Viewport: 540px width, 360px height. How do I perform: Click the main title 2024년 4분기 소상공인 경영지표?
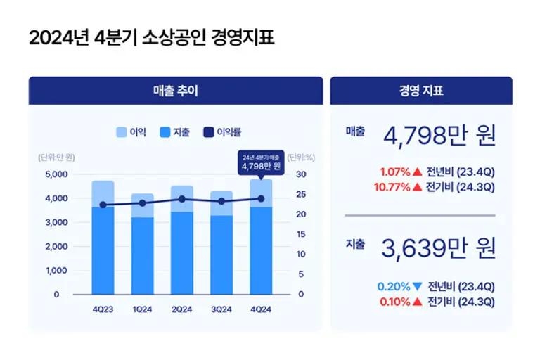click(151, 38)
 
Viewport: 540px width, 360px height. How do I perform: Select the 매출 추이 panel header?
click(176, 91)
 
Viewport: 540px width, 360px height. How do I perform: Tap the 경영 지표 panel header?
click(420, 91)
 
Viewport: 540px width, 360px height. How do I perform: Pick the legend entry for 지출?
click(175, 131)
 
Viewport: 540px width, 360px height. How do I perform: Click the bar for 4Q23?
click(103, 239)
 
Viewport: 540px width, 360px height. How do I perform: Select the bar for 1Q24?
click(143, 246)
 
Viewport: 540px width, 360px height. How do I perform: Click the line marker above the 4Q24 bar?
click(261, 199)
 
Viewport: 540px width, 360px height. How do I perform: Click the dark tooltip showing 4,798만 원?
click(261, 162)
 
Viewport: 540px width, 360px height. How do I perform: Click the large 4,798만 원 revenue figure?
click(439, 135)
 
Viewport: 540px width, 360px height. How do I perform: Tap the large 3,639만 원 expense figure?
click(439, 247)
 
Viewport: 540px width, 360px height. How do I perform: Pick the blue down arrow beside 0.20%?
click(418, 287)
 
